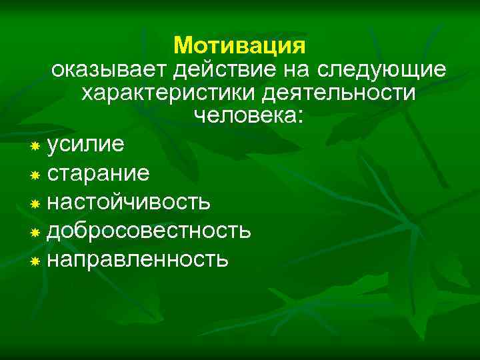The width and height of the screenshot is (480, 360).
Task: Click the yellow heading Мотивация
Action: pyautogui.click(x=239, y=45)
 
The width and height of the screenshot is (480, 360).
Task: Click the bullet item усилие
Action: pyautogui.click(x=90, y=144)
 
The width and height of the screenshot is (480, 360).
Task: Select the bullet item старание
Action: pyautogui.click(x=99, y=173)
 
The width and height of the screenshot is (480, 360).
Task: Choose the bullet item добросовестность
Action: pyautogui.click(x=149, y=230)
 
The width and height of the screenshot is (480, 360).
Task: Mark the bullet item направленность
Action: pyautogui.click(x=138, y=259)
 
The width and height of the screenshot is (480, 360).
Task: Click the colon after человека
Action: pyautogui.click(x=300, y=118)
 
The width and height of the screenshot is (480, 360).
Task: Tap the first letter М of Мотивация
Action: pyautogui.click(x=181, y=45)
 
